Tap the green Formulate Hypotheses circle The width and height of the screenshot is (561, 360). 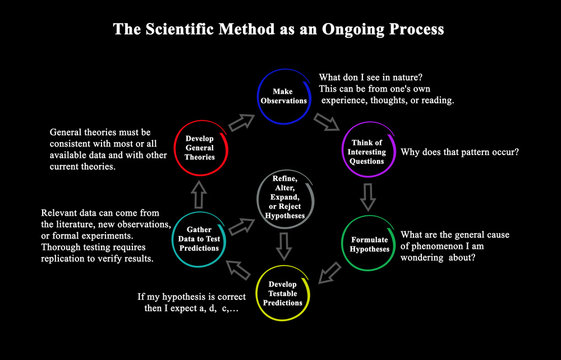pos(377,242)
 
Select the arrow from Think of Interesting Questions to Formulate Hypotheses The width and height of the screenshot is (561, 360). pos(368,197)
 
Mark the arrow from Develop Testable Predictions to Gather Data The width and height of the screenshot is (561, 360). pos(239,267)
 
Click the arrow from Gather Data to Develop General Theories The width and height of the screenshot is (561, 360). pos(198,193)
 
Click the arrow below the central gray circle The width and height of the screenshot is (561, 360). pos(286,243)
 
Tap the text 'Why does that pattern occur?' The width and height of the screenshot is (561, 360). pos(461,153)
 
